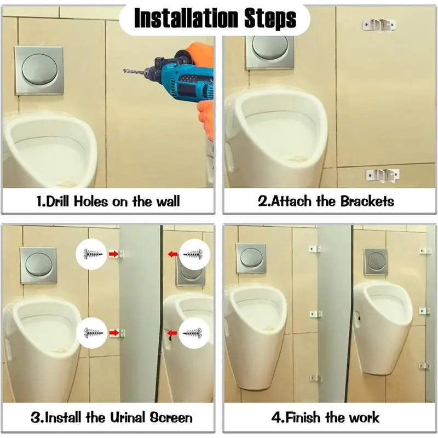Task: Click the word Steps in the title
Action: pos(270,19)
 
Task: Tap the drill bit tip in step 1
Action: pos(124,71)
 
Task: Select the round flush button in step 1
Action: pos(39,70)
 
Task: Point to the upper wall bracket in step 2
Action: pos(379,25)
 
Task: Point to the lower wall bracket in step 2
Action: pos(382,176)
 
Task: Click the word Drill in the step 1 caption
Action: pos(57,201)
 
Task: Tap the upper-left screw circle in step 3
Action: pos(91,254)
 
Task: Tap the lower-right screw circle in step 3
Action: pos(194,333)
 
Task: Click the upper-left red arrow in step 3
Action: pos(113,254)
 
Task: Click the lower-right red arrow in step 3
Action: pos(172,333)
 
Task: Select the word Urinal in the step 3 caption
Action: pos(128,417)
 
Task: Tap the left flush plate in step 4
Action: pos(251,258)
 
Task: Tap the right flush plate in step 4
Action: pos(376,262)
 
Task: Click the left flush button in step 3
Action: pos(38,265)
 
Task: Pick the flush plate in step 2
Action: pos(269,53)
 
